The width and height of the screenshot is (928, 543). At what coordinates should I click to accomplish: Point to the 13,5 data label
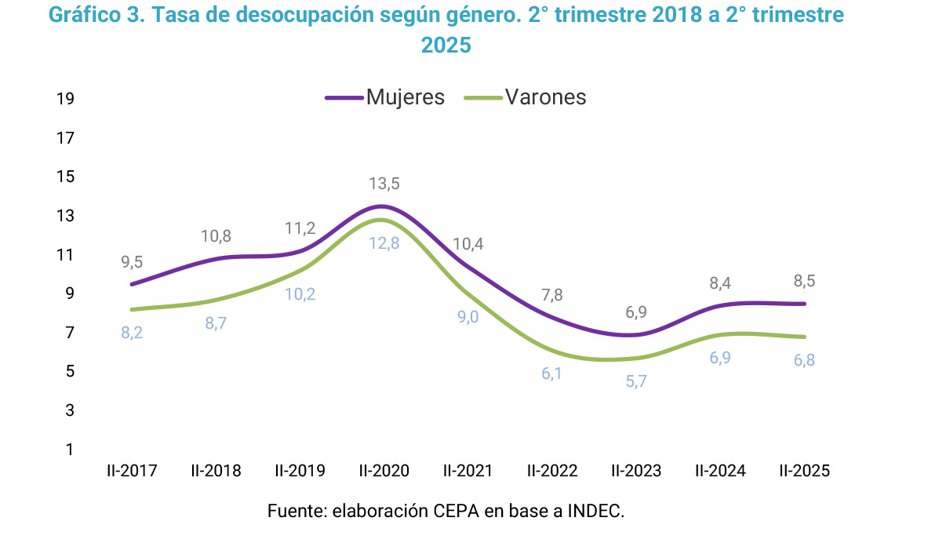pos(384,184)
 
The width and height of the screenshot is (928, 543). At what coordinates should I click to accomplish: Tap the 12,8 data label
pos(384,243)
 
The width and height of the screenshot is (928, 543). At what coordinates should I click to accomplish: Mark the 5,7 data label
pos(636,381)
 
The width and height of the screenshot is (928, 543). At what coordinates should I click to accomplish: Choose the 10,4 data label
pos(468,244)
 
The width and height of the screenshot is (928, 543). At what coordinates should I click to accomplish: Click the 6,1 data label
pos(552,374)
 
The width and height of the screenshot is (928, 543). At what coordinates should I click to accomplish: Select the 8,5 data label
pos(803,282)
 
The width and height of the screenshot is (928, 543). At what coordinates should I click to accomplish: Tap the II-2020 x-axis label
pos(384,471)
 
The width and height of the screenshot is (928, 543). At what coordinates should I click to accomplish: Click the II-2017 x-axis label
pos(133,471)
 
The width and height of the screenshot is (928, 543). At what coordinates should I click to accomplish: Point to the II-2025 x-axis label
pos(804,471)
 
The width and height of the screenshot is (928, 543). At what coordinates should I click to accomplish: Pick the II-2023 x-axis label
pos(636,471)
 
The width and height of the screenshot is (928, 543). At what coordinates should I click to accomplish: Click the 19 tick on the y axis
pos(65,99)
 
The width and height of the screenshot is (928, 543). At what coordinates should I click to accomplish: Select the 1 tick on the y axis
pos(70,450)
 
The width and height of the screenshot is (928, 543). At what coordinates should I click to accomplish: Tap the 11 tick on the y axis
pos(65,255)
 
